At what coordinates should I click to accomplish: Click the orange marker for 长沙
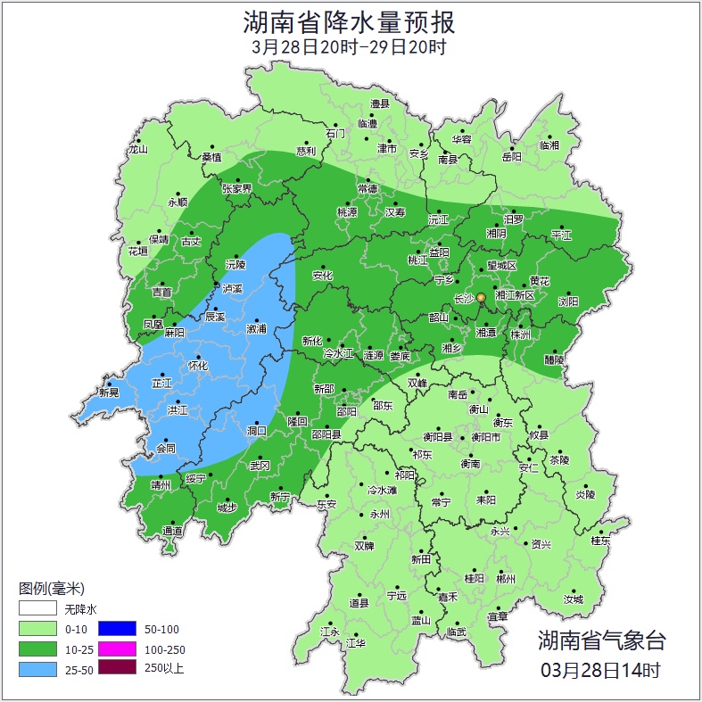click(481, 297)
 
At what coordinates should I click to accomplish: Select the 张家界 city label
click(237, 189)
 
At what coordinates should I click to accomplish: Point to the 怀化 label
click(198, 366)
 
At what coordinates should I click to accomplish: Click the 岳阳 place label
click(511, 157)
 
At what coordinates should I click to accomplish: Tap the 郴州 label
click(507, 578)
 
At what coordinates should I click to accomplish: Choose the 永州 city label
click(380, 515)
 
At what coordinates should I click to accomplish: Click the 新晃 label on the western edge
click(109, 392)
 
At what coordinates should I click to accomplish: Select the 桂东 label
click(601, 541)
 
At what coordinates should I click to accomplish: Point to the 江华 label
click(357, 642)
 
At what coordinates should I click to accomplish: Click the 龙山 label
click(137, 150)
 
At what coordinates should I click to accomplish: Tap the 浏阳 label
click(568, 301)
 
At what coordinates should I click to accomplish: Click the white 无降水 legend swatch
click(37, 609)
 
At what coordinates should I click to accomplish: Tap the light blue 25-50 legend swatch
click(37, 667)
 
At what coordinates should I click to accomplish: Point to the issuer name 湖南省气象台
click(600, 640)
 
